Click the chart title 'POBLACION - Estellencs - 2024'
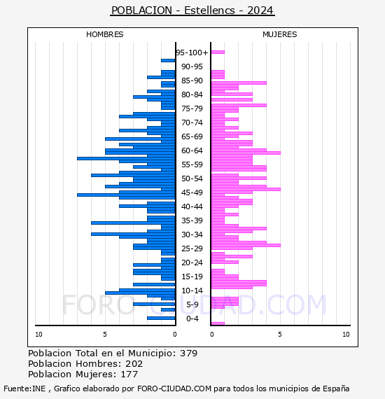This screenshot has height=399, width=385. [x=192, y=10]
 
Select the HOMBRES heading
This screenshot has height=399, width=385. [x=104, y=34]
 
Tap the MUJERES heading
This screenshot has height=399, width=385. [x=280, y=34]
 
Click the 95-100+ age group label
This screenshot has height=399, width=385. [x=192, y=52]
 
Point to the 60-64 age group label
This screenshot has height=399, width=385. [x=192, y=150]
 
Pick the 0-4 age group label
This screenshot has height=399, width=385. [x=192, y=318]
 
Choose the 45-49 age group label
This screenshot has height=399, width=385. [x=192, y=192]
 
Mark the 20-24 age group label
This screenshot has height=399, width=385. [x=192, y=262]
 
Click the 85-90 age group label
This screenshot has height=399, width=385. [x=192, y=80]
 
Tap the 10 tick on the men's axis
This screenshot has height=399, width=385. [x=38, y=335]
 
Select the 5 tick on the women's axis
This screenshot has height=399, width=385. [x=280, y=335]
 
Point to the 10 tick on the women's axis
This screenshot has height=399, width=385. [x=346, y=335]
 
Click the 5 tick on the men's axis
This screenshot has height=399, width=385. [x=105, y=335]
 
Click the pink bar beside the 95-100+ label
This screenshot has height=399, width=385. [x=218, y=52]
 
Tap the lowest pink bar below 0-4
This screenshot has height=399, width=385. [x=218, y=323]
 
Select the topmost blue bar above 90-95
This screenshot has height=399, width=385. [x=168, y=61]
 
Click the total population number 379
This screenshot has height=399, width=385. [x=188, y=353]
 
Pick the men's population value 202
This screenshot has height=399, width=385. [x=134, y=363]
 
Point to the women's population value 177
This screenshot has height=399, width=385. [x=129, y=374]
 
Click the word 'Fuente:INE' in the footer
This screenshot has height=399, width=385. [x=24, y=388]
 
